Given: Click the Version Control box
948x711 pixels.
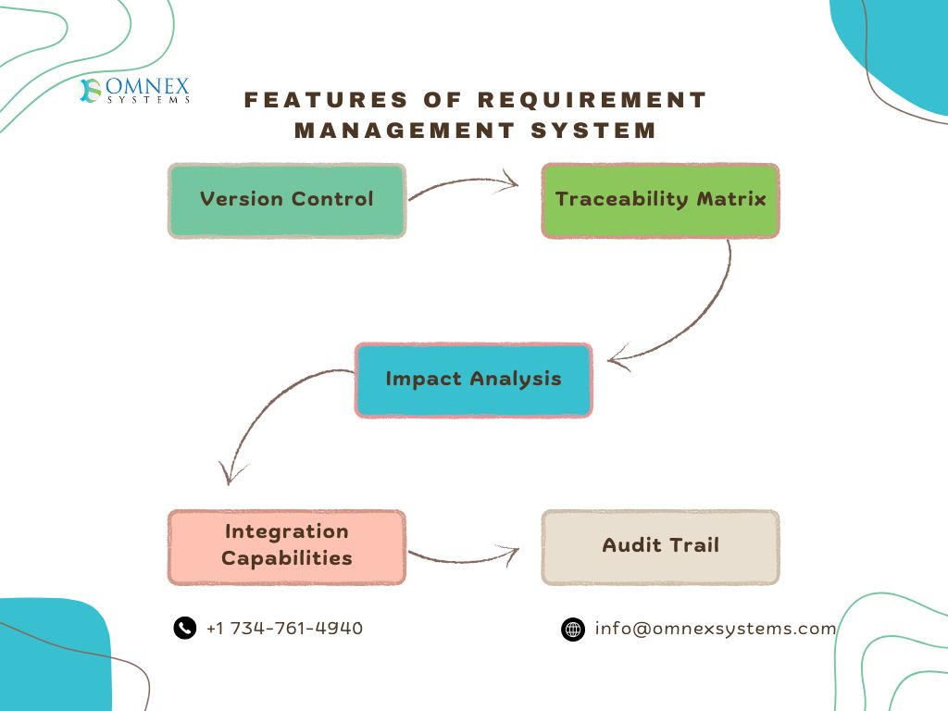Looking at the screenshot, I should click(x=287, y=201).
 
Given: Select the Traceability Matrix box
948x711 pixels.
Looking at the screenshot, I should click(x=660, y=201).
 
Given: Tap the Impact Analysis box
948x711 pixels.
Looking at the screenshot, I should click(x=473, y=380).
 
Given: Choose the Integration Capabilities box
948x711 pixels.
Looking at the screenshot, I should click(x=287, y=546).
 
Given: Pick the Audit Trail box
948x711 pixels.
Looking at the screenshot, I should click(x=660, y=546).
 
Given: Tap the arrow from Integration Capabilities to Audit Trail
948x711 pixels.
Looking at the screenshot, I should click(x=463, y=558).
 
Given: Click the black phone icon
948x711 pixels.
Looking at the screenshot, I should click(x=185, y=628).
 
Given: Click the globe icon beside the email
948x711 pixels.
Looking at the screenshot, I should click(x=573, y=630).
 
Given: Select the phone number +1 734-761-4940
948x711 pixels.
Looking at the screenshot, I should click(x=284, y=629).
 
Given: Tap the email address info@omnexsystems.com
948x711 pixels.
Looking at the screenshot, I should click(x=716, y=629).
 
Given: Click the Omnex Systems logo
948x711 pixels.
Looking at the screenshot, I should click(x=135, y=91).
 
